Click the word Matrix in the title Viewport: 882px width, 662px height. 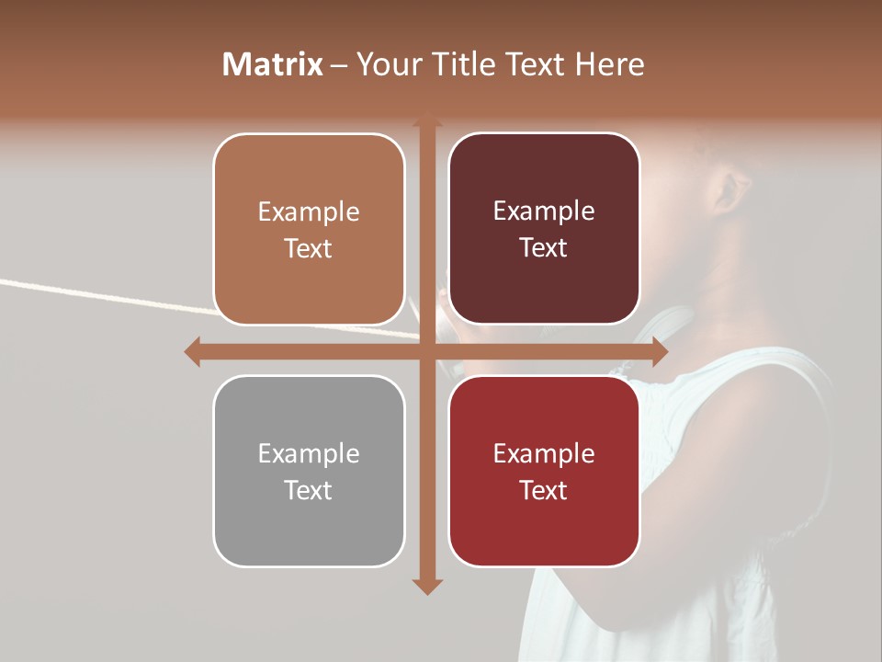(273, 64)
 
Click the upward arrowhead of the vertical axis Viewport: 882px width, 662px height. (426, 121)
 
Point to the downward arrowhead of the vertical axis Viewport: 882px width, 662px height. (426, 586)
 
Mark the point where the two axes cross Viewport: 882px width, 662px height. (426, 351)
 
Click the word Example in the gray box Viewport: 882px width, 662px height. (309, 453)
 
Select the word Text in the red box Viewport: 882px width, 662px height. (544, 491)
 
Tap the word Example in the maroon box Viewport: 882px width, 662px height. (544, 211)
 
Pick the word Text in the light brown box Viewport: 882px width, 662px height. (309, 249)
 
